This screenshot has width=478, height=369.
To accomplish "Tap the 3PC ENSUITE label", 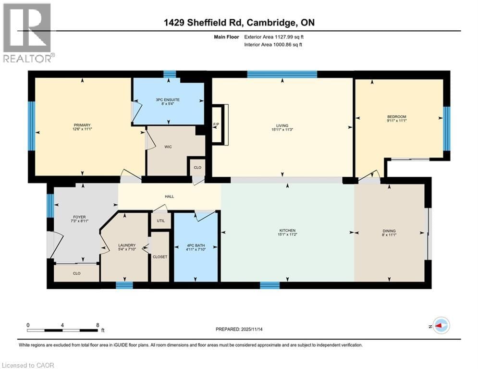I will pyautogui.click(x=168, y=99).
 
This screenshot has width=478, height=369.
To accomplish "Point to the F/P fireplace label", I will pyautogui.click(x=216, y=125).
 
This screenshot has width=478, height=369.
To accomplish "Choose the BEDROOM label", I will pyautogui.click(x=397, y=117).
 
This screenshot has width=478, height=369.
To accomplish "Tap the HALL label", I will pyautogui.click(x=169, y=197).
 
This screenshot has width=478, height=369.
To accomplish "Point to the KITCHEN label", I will pyautogui.click(x=287, y=231).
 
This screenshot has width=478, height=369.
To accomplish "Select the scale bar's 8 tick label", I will pyautogui.click(x=98, y=325).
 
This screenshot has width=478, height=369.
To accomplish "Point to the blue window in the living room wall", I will pyautogui.click(x=282, y=74).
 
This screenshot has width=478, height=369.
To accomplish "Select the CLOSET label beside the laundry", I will pyautogui.click(x=160, y=257).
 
